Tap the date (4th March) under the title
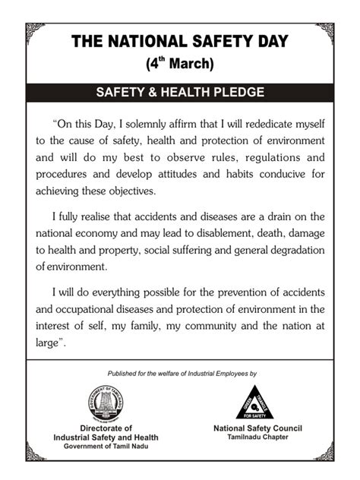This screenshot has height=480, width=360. pyautogui.click(x=180, y=64)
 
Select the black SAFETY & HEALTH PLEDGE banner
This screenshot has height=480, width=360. pyautogui.click(x=180, y=93)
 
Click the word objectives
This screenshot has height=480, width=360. pyautogui.click(x=131, y=191)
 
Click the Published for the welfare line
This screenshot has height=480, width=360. pyautogui.click(x=182, y=374)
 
